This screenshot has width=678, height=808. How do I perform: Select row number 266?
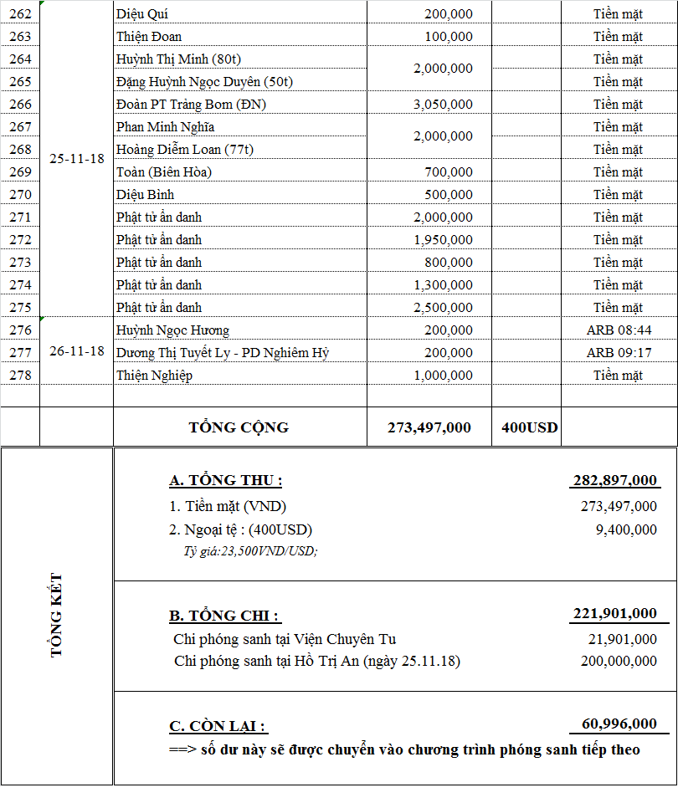[x=20, y=104]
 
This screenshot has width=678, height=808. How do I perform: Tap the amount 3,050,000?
[x=443, y=104]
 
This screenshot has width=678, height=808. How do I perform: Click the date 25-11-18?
[x=77, y=159]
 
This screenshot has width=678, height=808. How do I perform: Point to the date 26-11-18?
[x=77, y=351]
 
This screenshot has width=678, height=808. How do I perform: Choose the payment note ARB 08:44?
[x=619, y=330]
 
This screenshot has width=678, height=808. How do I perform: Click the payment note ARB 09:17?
[x=619, y=352]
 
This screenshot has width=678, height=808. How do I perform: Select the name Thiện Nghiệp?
[x=154, y=375]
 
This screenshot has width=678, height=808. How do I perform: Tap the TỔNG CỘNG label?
[x=239, y=427]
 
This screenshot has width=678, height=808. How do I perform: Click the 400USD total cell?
[x=530, y=427]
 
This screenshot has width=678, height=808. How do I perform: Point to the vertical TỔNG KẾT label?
[x=57, y=615]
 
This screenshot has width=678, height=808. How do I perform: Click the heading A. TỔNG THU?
[x=225, y=480]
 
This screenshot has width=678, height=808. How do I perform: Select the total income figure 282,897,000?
[x=615, y=480]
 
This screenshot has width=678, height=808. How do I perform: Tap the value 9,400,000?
[x=619, y=529]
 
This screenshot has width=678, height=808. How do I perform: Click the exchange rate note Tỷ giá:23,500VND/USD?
[x=250, y=550]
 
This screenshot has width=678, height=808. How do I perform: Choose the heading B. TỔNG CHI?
[x=224, y=616]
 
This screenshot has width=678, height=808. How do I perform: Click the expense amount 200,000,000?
[x=619, y=661]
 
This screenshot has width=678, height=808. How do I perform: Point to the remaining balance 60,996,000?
[x=619, y=724]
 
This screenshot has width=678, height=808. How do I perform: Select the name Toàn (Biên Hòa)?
[x=164, y=171]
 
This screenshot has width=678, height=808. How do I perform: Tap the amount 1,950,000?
[x=443, y=239]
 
